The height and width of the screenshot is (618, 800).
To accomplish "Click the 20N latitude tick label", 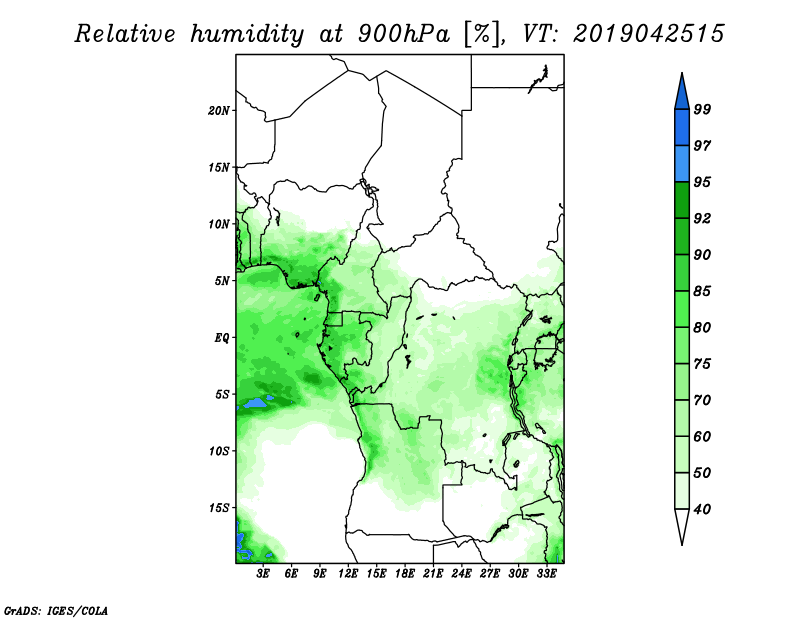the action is point(219,111).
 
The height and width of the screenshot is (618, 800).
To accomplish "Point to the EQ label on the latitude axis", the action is point(221,338).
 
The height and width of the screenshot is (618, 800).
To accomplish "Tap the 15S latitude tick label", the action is point(219,508).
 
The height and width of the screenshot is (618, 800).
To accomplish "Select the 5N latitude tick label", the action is point(222,281).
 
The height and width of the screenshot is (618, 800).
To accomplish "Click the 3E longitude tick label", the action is point(263,573).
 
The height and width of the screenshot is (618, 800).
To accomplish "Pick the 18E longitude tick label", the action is point(405,573).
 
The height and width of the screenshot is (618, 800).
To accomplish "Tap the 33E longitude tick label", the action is point(546,573).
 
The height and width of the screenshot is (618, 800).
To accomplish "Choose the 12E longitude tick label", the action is point(348,573).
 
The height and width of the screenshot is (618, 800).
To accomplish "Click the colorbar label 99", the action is point(702,109).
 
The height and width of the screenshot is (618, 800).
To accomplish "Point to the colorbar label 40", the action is point(702,509).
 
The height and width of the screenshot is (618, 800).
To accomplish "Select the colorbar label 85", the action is point(702,291).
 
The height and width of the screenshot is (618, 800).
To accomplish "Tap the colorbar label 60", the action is point(702,436).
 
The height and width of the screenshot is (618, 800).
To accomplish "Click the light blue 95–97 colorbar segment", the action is point(682,164).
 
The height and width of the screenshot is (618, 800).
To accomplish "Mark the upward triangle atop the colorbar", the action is point(682,92).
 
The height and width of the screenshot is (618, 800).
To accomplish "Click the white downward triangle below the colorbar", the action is point(682,527).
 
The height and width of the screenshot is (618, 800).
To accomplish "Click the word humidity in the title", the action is point(247,34).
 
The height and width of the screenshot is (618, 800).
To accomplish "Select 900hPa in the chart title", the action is point(404,34).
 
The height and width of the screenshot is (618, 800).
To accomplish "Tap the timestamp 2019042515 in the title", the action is point(648,34).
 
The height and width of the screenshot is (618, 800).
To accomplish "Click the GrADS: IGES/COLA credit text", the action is point(56,610).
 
